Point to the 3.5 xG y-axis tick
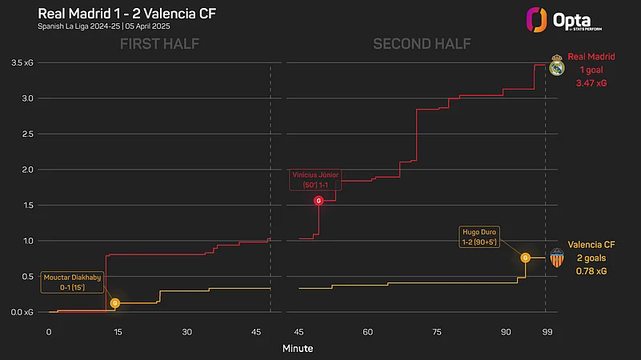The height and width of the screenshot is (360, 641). [20, 62]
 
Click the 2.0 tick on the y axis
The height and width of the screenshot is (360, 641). [23, 170]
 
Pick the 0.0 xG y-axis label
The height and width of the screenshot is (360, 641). [20, 311]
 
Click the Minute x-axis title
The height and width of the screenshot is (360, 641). [297, 349]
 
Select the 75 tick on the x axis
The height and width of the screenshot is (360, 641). [437, 331]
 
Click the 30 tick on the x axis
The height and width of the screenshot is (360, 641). [186, 331]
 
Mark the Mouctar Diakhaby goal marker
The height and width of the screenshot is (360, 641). [115, 303]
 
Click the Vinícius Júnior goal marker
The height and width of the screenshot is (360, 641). [319, 200]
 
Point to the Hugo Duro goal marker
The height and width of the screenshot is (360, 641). [526, 258]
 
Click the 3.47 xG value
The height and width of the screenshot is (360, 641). [591, 83]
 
